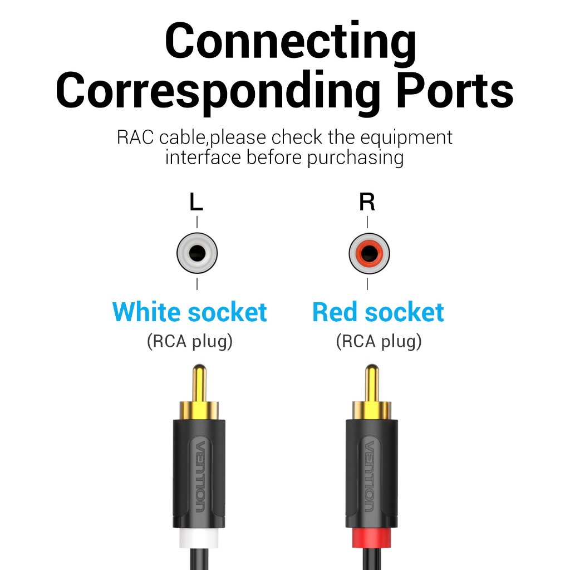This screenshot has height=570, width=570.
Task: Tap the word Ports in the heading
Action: tap(455, 90)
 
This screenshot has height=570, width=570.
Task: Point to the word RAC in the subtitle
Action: tap(135, 137)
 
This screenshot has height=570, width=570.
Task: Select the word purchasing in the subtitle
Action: tap(355, 159)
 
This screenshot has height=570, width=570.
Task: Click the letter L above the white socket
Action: tap(196, 202)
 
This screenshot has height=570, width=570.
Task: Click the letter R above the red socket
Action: tap(367, 202)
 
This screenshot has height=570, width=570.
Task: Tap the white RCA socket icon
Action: tap(197, 253)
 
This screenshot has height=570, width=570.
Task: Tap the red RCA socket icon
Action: tap(369, 253)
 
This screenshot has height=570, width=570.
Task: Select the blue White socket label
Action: tap(190, 312)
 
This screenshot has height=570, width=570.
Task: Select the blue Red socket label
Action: tap(378, 312)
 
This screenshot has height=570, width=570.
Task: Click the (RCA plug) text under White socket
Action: tap(190, 341)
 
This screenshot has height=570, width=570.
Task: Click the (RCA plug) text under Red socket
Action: tap(379, 341)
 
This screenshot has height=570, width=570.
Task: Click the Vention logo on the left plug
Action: tap(200, 476)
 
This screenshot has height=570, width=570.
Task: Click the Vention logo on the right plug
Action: tap(369, 476)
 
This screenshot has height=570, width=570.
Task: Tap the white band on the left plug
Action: tap(199, 538)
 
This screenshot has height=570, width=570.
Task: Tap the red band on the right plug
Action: tap(371, 538)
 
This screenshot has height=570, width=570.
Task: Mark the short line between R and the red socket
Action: tap(367, 222)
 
